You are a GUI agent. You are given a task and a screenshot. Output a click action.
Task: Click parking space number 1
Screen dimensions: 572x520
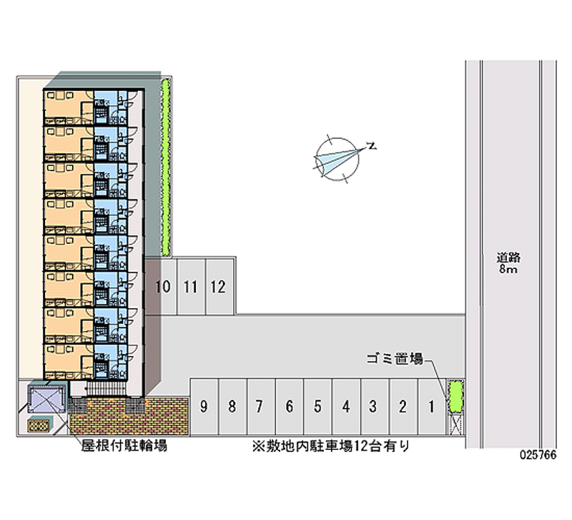[x=431, y=407]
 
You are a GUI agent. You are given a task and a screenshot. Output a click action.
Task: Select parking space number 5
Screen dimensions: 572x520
[x=317, y=407]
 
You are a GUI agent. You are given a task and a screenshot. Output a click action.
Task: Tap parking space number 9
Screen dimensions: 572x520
[x=204, y=407]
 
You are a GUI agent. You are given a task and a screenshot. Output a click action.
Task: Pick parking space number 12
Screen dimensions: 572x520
[x=219, y=288]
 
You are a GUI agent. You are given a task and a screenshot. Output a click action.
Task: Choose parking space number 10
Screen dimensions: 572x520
[x=162, y=288]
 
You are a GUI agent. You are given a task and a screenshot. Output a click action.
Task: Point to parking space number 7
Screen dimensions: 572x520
[x=260, y=407]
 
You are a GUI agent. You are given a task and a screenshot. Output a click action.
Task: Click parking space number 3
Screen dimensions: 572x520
[x=373, y=407]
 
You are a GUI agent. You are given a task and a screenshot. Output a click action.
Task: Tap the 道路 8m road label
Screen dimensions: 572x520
[x=509, y=263]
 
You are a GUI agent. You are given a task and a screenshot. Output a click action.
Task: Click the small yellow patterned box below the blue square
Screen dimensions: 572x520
[x=39, y=426]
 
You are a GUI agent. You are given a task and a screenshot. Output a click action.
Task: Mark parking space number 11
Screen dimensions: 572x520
[x=190, y=288]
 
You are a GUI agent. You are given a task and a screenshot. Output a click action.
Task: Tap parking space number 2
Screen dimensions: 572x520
[x=403, y=407]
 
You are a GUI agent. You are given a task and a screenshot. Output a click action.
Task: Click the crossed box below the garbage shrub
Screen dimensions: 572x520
[x=454, y=424]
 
